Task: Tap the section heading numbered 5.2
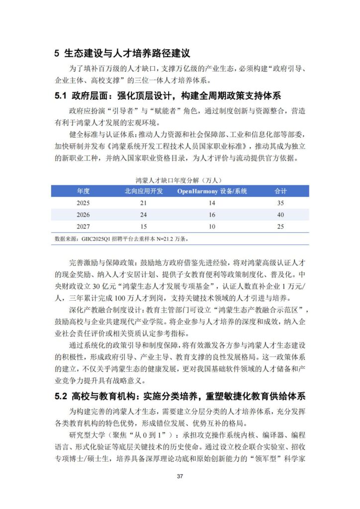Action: point(180,396)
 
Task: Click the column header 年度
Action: point(83,191)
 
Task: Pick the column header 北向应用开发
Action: point(143,191)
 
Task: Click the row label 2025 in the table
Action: point(83,203)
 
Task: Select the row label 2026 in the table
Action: point(83,215)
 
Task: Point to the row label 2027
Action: point(83,227)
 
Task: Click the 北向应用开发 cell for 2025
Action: point(143,203)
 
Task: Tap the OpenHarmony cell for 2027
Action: point(212,227)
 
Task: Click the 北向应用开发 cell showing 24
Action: point(143,215)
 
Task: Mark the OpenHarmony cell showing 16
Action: point(212,215)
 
